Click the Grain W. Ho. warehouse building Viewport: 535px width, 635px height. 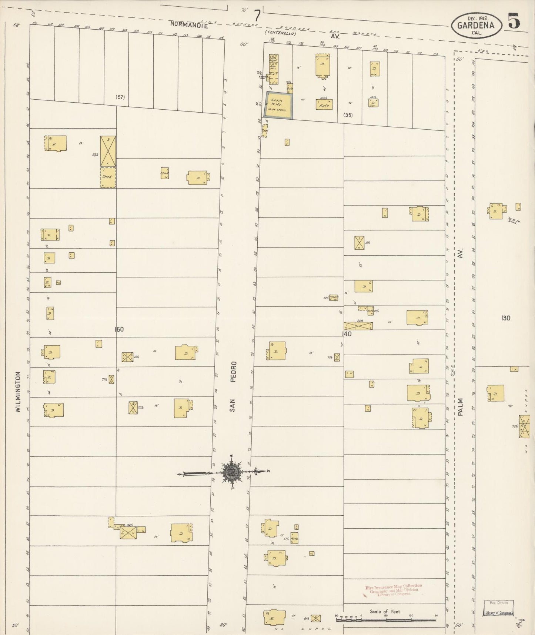pos(278,106)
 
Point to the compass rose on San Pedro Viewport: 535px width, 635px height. pos(231,472)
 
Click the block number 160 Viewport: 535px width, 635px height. pos(119,329)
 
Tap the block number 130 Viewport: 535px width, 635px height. pos(505,318)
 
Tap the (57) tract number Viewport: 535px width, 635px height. pos(120,97)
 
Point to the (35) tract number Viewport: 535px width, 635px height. pos(348,115)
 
